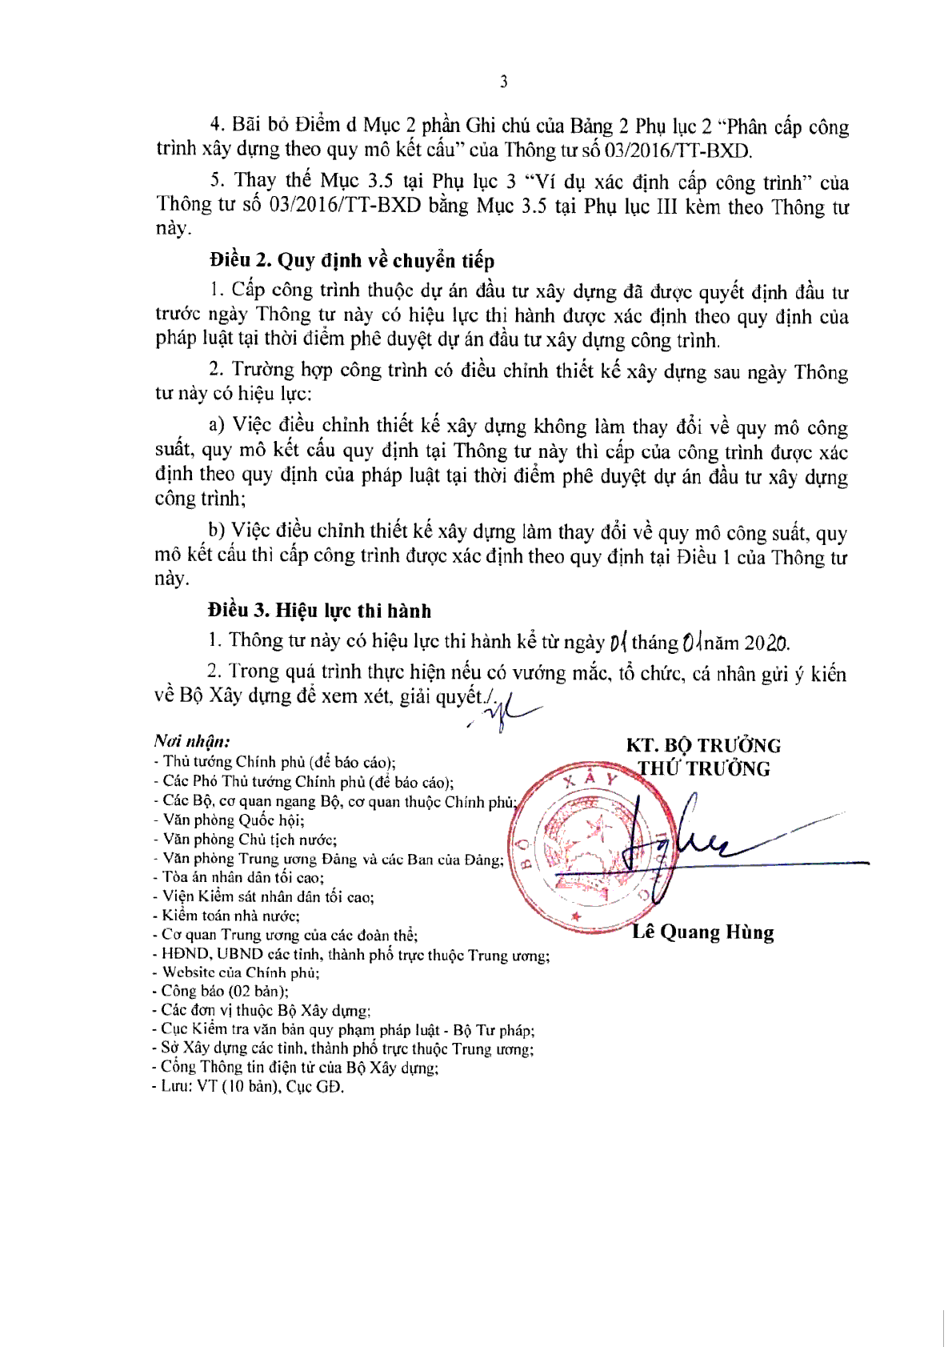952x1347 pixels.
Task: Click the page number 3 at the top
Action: point(503,82)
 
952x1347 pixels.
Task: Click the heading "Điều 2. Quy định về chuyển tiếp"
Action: point(352,260)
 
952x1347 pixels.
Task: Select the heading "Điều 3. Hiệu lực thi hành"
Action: point(319,611)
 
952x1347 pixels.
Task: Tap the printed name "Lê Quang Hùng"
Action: point(702,932)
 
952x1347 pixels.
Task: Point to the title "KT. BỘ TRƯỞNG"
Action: point(703,746)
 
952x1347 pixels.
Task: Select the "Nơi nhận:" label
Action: point(192,742)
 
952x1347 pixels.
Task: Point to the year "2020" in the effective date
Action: point(766,643)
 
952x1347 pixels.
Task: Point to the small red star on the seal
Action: point(575,916)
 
